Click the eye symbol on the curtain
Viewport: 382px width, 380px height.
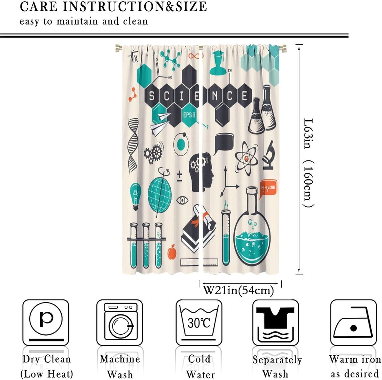(182, 200)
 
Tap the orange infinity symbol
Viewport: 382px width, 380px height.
(196, 56)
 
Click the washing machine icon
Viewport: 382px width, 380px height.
(119, 322)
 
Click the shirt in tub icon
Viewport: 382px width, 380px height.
(276, 323)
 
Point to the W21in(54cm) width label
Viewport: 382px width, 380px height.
(238, 290)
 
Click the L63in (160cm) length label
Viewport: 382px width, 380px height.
(309, 163)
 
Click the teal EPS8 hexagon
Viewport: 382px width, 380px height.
(189, 115)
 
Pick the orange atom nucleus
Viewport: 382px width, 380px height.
(246, 159)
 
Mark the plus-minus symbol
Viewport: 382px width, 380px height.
(180, 176)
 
